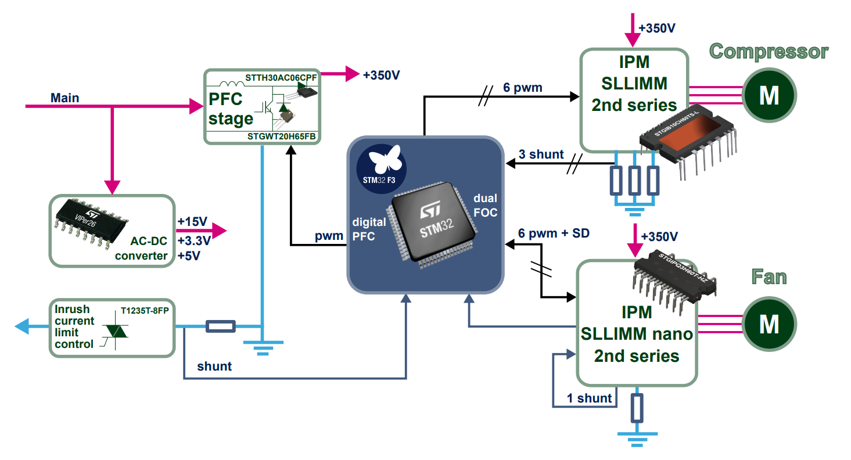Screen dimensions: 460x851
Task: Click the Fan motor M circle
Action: coord(769,324)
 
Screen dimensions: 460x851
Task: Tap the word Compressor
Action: coord(769,51)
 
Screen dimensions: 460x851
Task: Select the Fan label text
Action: coord(769,276)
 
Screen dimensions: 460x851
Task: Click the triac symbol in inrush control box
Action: coord(116,330)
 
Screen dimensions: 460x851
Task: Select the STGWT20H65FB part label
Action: coord(282,136)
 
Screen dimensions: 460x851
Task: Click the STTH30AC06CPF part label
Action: coord(281,77)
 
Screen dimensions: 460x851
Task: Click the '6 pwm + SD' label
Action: coord(554,233)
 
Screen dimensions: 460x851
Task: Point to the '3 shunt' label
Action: coord(541,154)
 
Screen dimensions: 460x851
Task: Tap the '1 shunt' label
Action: coord(589,398)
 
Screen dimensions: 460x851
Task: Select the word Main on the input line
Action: coord(65,98)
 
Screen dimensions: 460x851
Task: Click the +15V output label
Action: coord(192,222)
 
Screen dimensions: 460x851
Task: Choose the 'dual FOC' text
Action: coord(485,206)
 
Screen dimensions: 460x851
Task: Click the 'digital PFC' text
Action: coord(369,229)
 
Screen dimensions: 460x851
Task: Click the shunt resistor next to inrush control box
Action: coord(221,326)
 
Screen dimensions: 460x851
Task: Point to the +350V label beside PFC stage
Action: coord(381,76)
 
